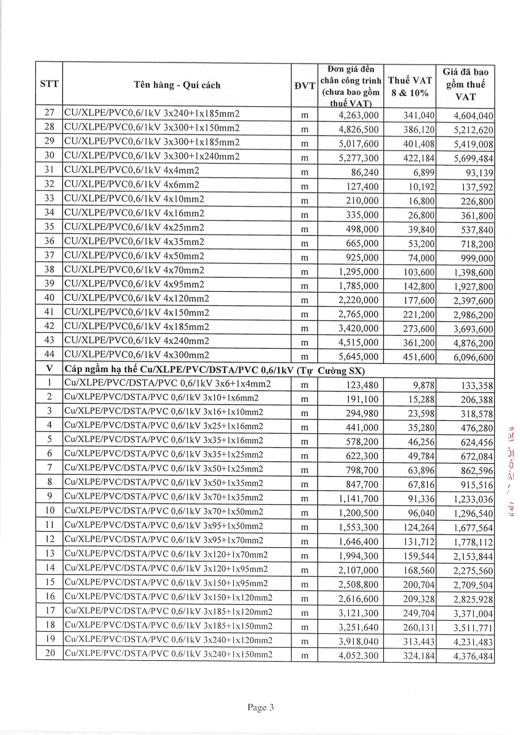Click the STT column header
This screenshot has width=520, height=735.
[49, 84]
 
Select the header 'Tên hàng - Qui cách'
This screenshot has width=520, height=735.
[177, 85]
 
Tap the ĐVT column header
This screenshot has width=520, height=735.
[304, 86]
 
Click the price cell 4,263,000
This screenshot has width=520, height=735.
[359, 115]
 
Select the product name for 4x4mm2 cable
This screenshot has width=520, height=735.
[131, 170]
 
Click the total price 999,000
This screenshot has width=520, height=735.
[474, 258]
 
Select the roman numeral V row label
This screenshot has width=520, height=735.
[49, 369]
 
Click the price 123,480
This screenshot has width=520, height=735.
[362, 385]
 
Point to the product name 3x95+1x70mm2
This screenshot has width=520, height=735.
[164, 540]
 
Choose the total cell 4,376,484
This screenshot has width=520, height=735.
[473, 656]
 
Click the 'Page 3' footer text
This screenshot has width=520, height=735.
[260, 708]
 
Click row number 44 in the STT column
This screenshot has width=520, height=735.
[49, 355]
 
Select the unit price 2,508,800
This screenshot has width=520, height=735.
[359, 584]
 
